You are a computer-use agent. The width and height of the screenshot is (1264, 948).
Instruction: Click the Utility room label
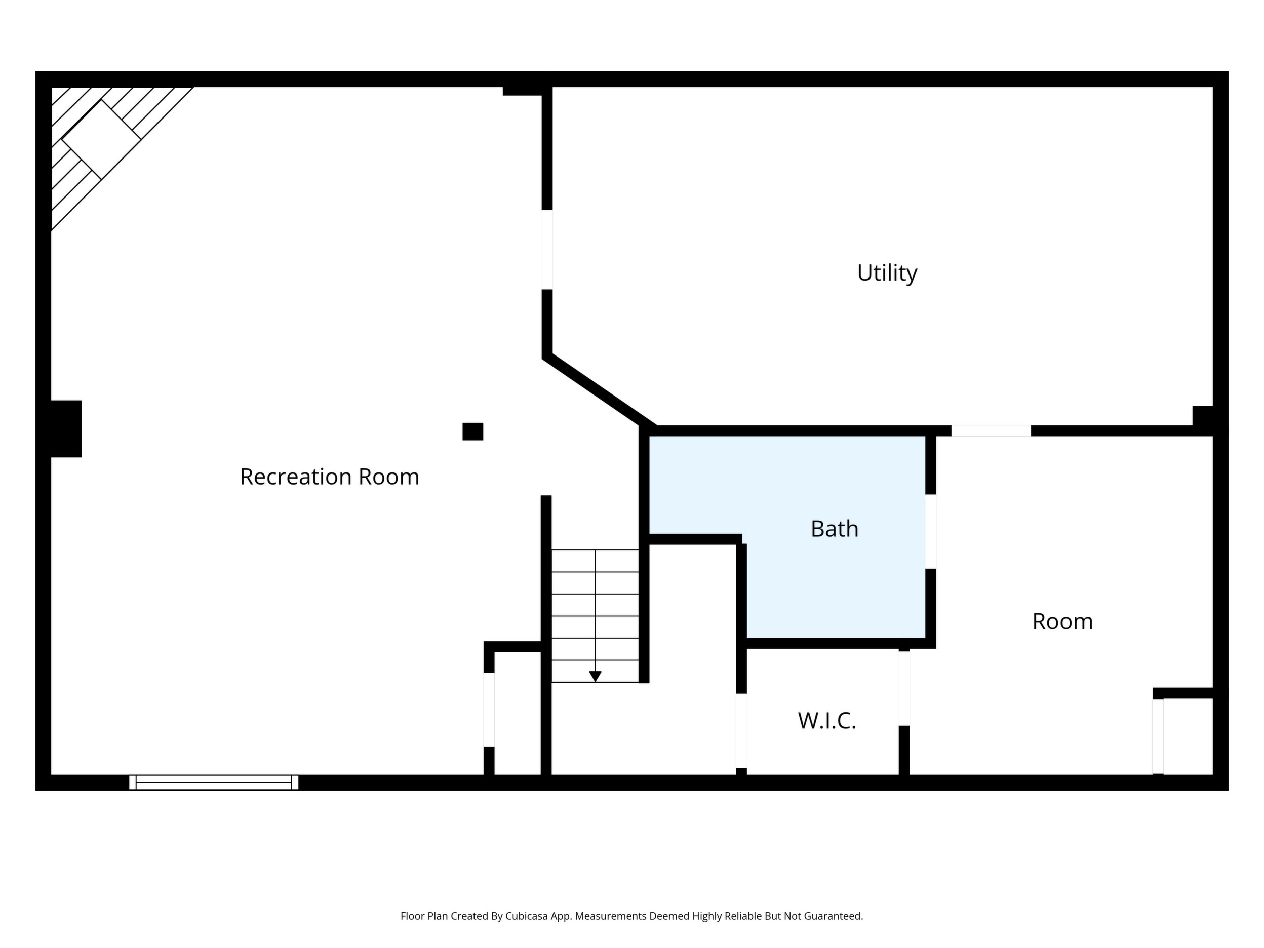click(x=887, y=273)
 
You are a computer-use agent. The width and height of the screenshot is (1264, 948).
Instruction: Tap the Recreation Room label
click(x=330, y=477)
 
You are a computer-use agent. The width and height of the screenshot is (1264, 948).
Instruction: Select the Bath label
click(x=834, y=529)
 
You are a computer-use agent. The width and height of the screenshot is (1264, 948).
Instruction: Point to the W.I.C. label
click(x=827, y=721)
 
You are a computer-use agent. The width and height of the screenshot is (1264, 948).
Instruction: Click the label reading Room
click(x=1062, y=621)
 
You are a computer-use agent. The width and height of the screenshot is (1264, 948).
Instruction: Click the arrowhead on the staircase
click(x=595, y=677)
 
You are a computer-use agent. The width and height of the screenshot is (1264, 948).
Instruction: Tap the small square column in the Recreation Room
click(x=472, y=431)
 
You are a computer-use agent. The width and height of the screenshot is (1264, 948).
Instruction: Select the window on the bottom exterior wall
click(x=214, y=782)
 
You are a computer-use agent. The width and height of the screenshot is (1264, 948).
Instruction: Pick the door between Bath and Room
click(x=930, y=531)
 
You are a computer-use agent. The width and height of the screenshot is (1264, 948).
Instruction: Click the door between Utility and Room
click(x=991, y=431)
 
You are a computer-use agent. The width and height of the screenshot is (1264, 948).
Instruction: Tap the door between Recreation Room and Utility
click(x=547, y=250)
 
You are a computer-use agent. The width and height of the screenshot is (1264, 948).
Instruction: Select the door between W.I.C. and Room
click(x=904, y=689)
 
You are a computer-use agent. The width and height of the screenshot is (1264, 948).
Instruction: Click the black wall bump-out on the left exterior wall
click(x=66, y=428)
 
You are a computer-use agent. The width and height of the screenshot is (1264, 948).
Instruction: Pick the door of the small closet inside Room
click(x=1158, y=736)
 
